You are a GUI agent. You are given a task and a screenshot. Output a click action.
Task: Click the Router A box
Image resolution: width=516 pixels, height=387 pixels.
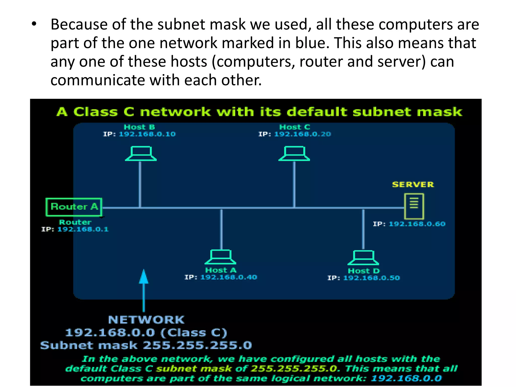pyautogui.click(x=74, y=207)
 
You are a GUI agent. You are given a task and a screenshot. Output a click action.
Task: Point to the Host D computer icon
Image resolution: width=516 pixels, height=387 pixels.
pyautogui.click(x=363, y=257)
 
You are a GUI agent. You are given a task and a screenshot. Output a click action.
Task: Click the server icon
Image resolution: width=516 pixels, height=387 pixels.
pyautogui.click(x=414, y=206)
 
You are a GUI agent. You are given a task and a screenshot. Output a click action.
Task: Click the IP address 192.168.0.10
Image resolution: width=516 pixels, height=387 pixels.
pyautogui.click(x=147, y=134)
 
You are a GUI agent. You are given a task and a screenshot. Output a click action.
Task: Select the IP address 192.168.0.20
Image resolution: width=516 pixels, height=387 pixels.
pyautogui.click(x=302, y=134)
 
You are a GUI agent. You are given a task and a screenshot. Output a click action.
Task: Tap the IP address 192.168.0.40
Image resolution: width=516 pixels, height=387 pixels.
pyautogui.click(x=229, y=277)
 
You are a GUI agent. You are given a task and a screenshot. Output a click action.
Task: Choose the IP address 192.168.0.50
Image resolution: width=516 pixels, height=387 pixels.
pyautogui.click(x=371, y=278)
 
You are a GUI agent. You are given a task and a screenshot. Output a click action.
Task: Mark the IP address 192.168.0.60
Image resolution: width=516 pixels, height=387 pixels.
pyautogui.click(x=417, y=224)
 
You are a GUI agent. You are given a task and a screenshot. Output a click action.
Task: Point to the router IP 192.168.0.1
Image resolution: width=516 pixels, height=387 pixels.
pyautogui.click(x=83, y=229)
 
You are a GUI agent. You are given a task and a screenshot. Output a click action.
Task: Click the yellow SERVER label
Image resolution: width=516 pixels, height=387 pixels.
pyautogui.click(x=413, y=184)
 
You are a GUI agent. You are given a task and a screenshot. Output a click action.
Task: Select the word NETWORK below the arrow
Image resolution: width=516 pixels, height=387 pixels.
pyautogui.click(x=146, y=320)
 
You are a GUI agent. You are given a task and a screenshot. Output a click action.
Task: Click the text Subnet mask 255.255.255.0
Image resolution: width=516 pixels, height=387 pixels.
pyautogui.click(x=146, y=345)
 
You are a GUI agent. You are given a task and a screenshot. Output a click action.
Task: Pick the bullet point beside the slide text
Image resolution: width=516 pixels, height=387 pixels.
pyautogui.click(x=34, y=24)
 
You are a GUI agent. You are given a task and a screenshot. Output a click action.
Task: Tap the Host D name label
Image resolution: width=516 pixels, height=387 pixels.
pyautogui.click(x=364, y=271)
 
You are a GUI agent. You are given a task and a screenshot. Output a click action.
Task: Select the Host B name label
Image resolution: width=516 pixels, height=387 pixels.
pyautogui.click(x=139, y=127)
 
